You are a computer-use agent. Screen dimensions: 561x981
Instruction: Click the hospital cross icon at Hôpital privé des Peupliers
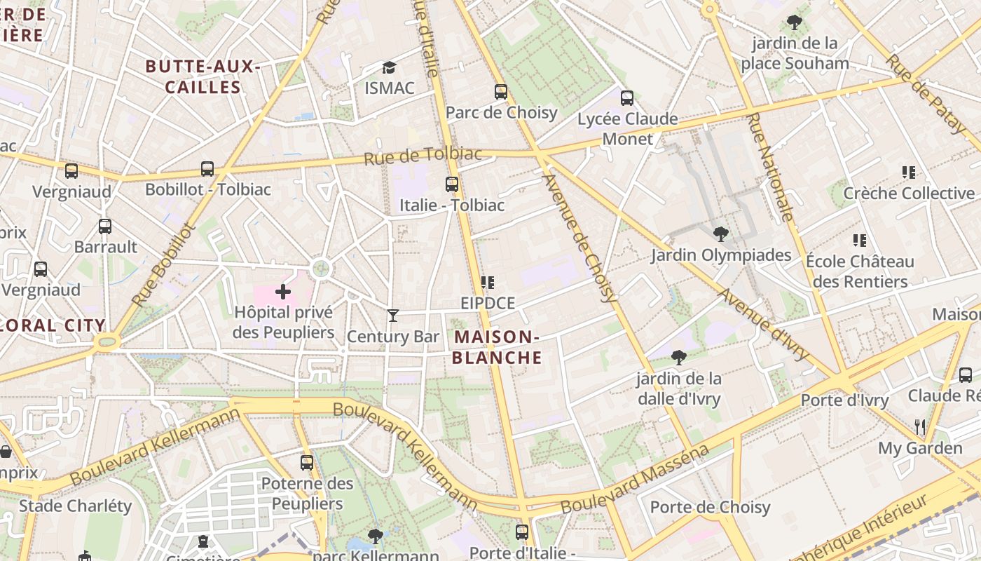[x=283, y=291]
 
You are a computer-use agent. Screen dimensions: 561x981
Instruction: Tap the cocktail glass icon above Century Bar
[x=393, y=316]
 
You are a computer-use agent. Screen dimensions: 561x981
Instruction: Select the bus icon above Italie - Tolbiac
[x=452, y=184]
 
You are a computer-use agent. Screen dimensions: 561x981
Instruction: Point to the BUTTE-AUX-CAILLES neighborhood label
[x=203, y=77]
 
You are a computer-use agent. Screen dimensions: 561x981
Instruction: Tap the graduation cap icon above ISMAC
[x=389, y=67]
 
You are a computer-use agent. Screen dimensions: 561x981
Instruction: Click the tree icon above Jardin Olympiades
[x=720, y=234]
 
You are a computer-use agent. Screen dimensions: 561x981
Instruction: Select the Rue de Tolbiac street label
[x=423, y=156]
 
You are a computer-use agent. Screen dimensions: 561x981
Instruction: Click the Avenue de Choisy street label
[x=581, y=238]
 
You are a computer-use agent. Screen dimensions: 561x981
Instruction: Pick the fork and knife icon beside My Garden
[x=920, y=426]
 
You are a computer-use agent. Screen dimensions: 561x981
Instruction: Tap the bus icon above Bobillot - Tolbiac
[x=207, y=169]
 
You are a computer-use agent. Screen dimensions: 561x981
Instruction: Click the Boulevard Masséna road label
[x=635, y=479]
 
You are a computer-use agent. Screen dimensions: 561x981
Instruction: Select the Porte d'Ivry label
[x=844, y=400]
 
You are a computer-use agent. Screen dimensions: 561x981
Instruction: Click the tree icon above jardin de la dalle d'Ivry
[x=678, y=358]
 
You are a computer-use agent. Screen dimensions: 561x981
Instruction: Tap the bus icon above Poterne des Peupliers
[x=307, y=462]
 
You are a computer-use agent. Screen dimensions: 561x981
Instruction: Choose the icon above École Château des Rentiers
[x=860, y=241]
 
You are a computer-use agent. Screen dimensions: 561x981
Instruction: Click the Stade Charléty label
[x=75, y=506]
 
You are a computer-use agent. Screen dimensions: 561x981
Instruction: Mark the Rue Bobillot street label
[x=162, y=265]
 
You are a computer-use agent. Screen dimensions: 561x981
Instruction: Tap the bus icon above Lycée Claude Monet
[x=627, y=98]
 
